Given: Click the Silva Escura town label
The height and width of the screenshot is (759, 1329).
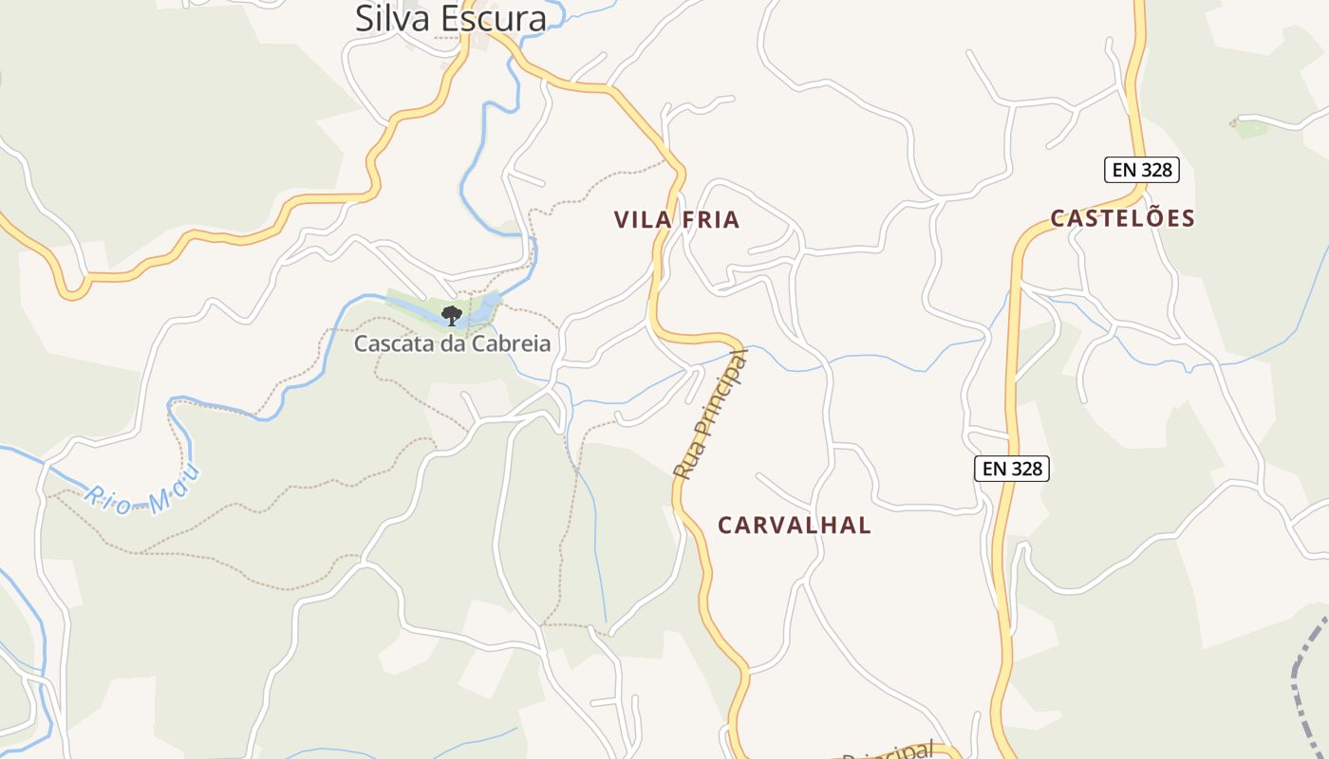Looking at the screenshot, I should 451,18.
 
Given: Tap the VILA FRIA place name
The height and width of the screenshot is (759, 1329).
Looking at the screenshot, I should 676,220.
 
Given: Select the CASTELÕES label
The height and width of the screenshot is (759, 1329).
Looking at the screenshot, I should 1122,218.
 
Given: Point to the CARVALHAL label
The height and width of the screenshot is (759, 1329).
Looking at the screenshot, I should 794,526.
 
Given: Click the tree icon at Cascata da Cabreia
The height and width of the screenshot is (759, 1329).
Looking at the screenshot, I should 452,315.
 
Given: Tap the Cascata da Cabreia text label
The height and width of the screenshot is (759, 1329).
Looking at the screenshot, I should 452,343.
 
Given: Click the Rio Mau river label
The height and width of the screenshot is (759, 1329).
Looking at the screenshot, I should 142,489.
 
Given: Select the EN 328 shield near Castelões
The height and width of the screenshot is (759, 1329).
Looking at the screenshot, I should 1142,171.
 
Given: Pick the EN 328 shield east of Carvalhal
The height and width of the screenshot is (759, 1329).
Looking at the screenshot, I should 1012,469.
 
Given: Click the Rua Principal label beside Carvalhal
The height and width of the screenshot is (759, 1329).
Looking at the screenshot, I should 710,416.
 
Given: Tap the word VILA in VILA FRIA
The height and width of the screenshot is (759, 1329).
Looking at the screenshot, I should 640,220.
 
